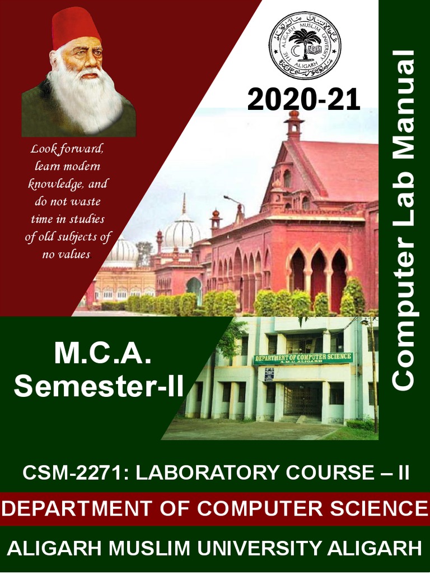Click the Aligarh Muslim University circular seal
pyautogui.click(x=305, y=45)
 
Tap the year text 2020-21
pyautogui.click(x=303, y=100)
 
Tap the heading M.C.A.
pyautogui.click(x=102, y=355)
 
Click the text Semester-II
pyautogui.click(x=99, y=387)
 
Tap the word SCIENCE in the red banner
pyautogui.click(x=381, y=508)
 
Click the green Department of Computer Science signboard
pyautogui.click(x=302, y=359)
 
